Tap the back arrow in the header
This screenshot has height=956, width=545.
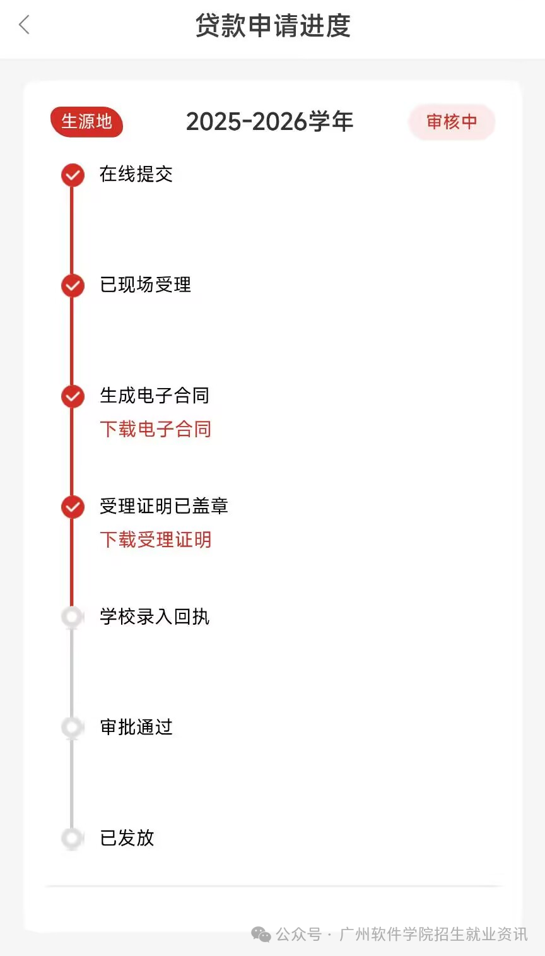click(25, 26)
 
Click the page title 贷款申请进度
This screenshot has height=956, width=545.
click(272, 26)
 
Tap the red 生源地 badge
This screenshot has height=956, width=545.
click(86, 121)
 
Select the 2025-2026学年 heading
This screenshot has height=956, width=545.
click(269, 121)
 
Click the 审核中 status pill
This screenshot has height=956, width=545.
click(452, 122)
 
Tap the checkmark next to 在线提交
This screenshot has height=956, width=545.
click(73, 175)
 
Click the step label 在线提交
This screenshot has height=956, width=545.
click(136, 174)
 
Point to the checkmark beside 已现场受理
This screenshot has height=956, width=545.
click(73, 285)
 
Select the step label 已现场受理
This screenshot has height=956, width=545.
click(145, 285)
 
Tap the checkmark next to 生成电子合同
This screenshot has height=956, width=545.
click(73, 396)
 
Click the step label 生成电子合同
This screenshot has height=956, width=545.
click(155, 396)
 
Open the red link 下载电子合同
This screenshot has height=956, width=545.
click(155, 429)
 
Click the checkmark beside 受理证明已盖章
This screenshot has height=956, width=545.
click(73, 507)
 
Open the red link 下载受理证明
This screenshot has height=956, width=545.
click(155, 540)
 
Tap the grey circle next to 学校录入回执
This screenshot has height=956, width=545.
click(73, 617)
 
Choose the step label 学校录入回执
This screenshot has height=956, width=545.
click(155, 617)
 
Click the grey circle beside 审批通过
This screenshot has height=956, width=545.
click(73, 728)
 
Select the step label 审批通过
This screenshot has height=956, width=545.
click(136, 727)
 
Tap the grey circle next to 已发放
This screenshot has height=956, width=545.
click(73, 838)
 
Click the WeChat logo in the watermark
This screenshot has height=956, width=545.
click(261, 935)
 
